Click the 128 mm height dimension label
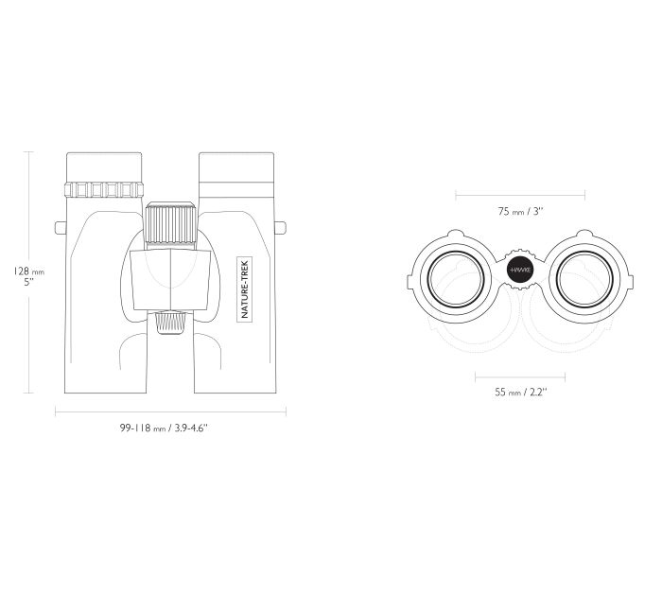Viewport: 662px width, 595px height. pyautogui.click(x=28, y=276)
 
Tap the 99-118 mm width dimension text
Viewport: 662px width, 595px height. pyautogui.click(x=164, y=428)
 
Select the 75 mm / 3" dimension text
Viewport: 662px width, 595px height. pyautogui.click(x=520, y=211)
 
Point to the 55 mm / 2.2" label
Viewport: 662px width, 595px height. pyautogui.click(x=520, y=392)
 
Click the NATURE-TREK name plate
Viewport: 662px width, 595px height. pyautogui.click(x=244, y=289)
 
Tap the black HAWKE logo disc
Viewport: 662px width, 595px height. pyautogui.click(x=520, y=270)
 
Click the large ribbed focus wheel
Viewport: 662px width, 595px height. pyautogui.click(x=170, y=224)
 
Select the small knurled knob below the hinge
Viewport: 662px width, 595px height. pyautogui.click(x=170, y=323)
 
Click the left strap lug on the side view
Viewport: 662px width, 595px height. pyautogui.click(x=61, y=228)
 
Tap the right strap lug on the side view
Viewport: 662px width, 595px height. pyautogui.click(x=280, y=228)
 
